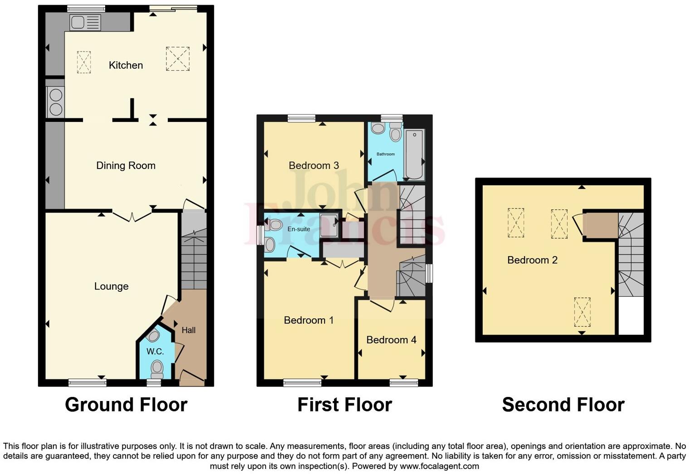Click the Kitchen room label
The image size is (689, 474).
126,65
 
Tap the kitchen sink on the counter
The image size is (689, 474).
85,22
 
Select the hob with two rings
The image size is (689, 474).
56,102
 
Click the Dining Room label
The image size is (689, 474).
126,166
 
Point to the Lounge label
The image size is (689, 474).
111,286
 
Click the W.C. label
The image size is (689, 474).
155,352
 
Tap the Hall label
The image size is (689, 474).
189,330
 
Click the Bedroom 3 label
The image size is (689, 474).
314,165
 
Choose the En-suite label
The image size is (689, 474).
299,229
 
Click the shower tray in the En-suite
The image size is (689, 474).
329,225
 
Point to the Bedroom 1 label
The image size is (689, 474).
309,320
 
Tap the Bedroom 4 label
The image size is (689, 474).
391,340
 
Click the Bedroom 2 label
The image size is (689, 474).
532,260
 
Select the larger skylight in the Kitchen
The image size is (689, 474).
177,58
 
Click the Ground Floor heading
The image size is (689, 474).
126,405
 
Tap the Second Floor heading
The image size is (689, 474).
563,405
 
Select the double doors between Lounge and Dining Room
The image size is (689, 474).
132,217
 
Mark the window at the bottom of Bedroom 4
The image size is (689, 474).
403,383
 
